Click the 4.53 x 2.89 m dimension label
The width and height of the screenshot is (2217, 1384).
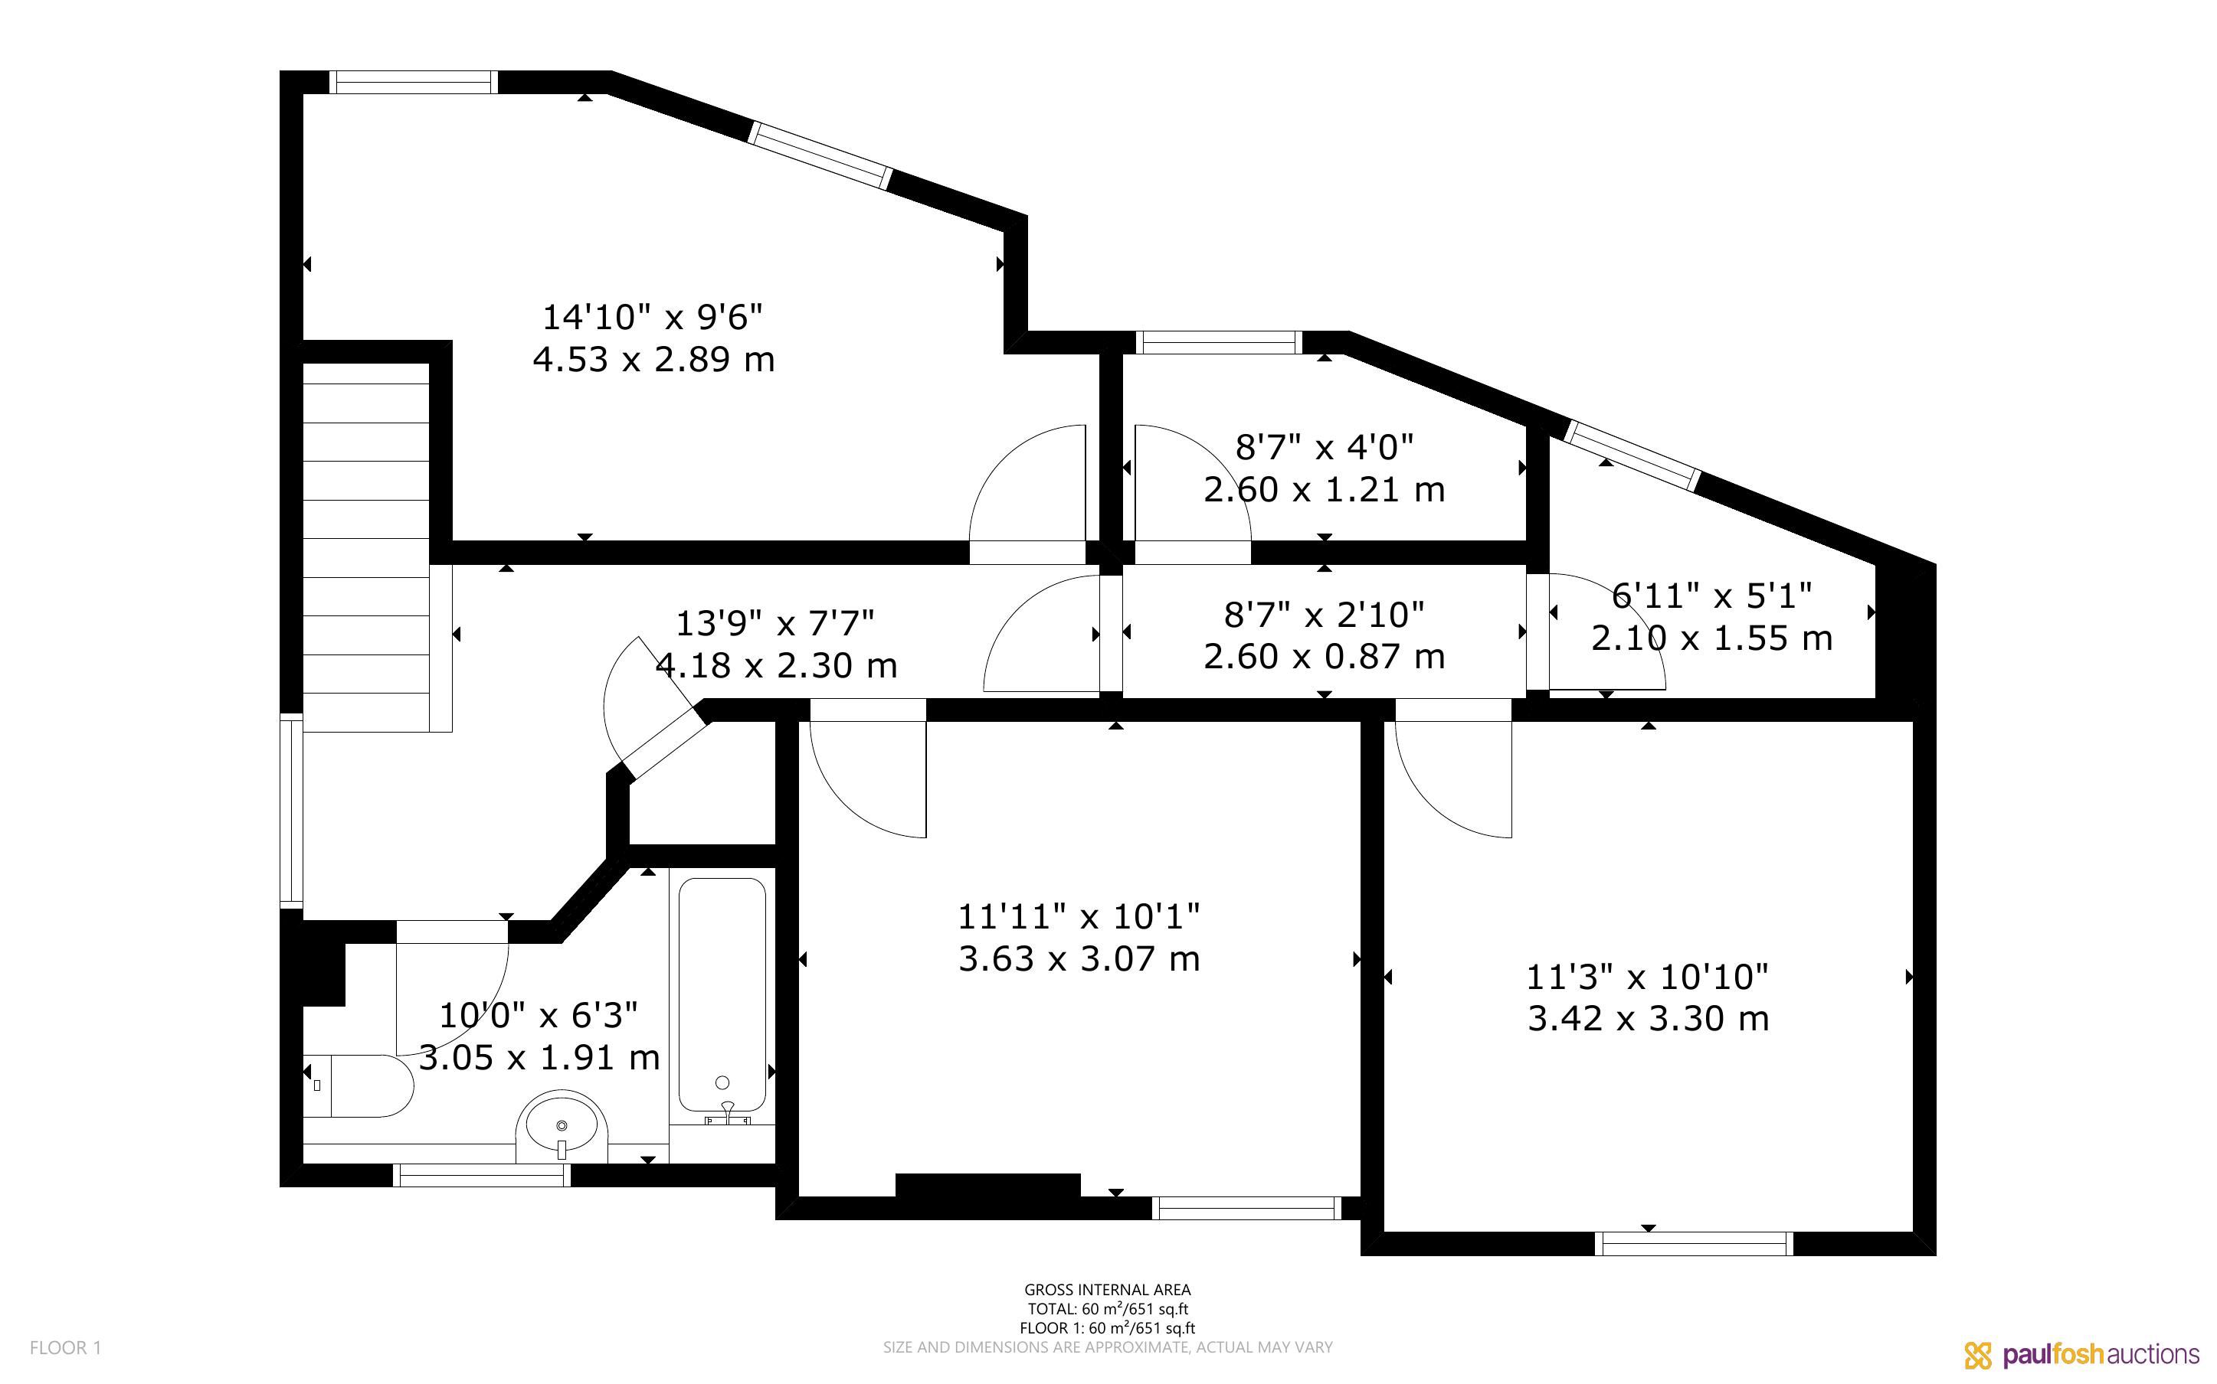[653, 359]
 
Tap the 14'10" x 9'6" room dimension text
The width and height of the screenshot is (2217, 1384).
[653, 318]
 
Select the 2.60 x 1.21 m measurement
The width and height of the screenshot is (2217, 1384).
[1325, 490]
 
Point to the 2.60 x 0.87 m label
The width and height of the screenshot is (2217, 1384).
[1325, 656]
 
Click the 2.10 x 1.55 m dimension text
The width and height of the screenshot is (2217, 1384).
[1711, 638]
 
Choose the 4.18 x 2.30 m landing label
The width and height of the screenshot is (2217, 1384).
[777, 665]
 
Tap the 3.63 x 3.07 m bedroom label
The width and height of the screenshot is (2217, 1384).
[1079, 958]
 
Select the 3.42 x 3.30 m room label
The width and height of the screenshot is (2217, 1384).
[1649, 1018]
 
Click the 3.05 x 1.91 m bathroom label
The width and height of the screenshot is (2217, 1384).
[539, 1057]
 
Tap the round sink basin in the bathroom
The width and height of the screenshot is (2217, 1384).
[562, 1126]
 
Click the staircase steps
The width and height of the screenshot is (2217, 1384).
[366, 547]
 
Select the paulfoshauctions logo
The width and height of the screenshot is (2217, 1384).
[2081, 1355]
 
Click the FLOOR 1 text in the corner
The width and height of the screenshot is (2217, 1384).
[66, 1347]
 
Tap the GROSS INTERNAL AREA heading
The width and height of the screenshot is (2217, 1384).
[1108, 1290]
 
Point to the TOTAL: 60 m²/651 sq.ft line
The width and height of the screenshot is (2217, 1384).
[1108, 1309]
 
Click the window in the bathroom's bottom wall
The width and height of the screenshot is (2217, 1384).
[482, 1175]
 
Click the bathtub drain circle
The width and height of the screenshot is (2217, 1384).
[722, 1082]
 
